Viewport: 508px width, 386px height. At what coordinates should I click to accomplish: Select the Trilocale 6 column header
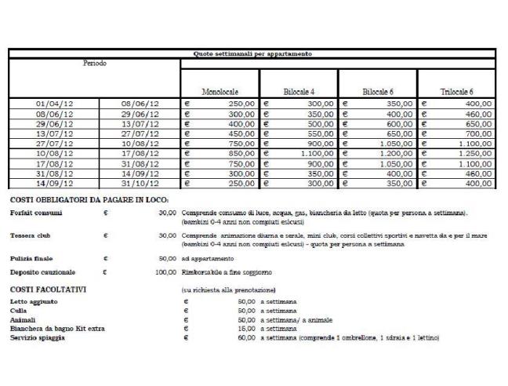(x=456, y=92)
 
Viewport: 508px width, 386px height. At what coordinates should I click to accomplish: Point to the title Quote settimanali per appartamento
(x=252, y=53)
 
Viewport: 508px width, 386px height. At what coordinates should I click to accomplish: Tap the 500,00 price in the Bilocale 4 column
(x=321, y=124)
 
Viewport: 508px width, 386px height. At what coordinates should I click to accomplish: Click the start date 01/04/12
(x=56, y=103)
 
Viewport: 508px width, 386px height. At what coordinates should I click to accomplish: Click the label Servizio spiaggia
(x=38, y=337)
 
